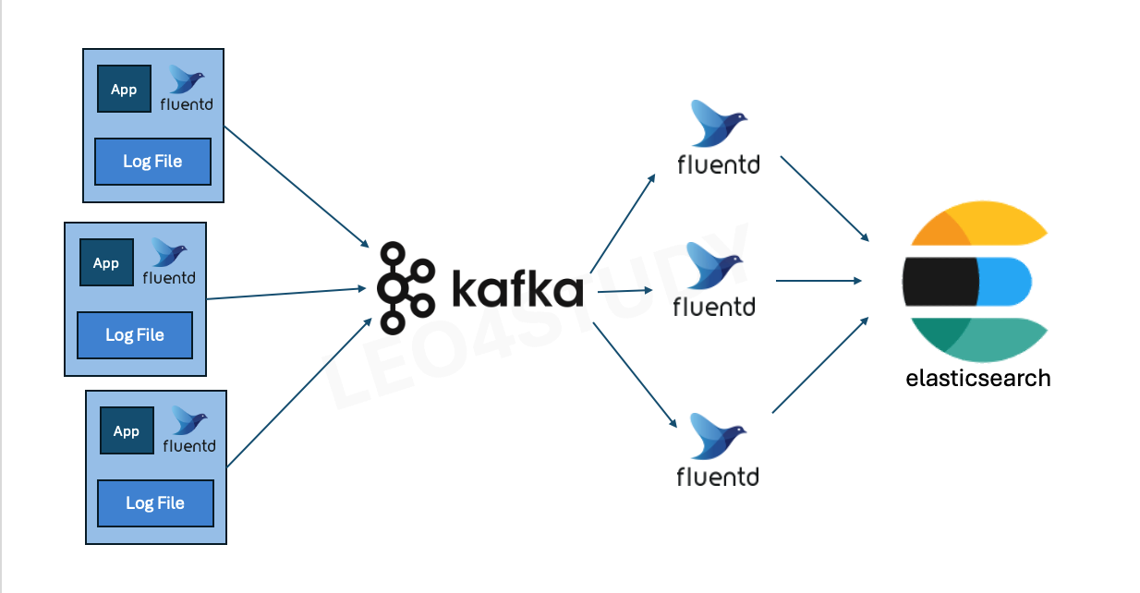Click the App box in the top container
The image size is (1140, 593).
[124, 90]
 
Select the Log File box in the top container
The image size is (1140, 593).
[152, 162]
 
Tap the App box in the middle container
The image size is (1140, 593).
[106, 263]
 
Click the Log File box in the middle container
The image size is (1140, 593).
[135, 335]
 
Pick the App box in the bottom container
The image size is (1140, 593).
[127, 431]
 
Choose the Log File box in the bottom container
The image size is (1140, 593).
[155, 503]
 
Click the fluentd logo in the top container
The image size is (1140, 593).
[186, 89]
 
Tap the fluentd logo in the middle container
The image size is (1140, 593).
[169, 262]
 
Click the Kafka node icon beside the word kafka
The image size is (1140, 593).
[405, 286]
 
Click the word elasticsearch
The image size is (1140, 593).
[977, 378]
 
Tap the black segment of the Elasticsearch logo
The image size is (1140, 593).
[940, 281]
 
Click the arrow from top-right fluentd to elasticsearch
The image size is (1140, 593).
[825, 199]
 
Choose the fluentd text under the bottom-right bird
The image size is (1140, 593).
[717, 477]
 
